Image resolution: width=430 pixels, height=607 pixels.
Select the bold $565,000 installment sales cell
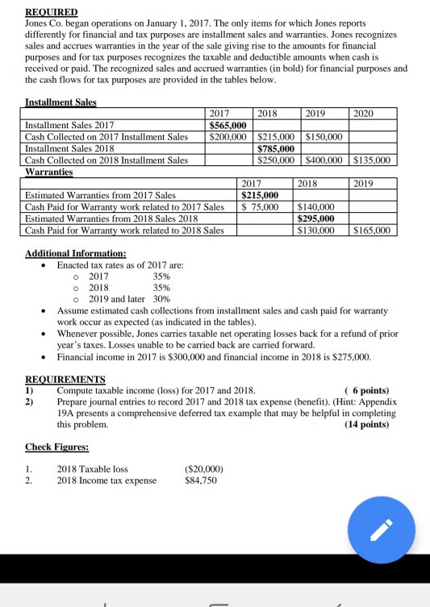tap(228, 126)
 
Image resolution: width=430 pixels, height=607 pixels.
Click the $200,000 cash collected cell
tap(228, 137)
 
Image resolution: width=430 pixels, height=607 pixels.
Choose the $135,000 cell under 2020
tap(373, 160)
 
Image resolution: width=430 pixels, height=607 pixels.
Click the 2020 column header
tap(365, 114)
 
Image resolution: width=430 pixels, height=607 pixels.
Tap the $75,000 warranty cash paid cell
tap(261, 207)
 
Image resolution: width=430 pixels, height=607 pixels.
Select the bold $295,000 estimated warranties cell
tap(318, 218)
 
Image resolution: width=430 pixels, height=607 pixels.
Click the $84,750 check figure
tap(201, 481)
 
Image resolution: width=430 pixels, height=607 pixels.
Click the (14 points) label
tap(365, 423)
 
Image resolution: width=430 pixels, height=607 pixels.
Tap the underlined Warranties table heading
tap(50, 172)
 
